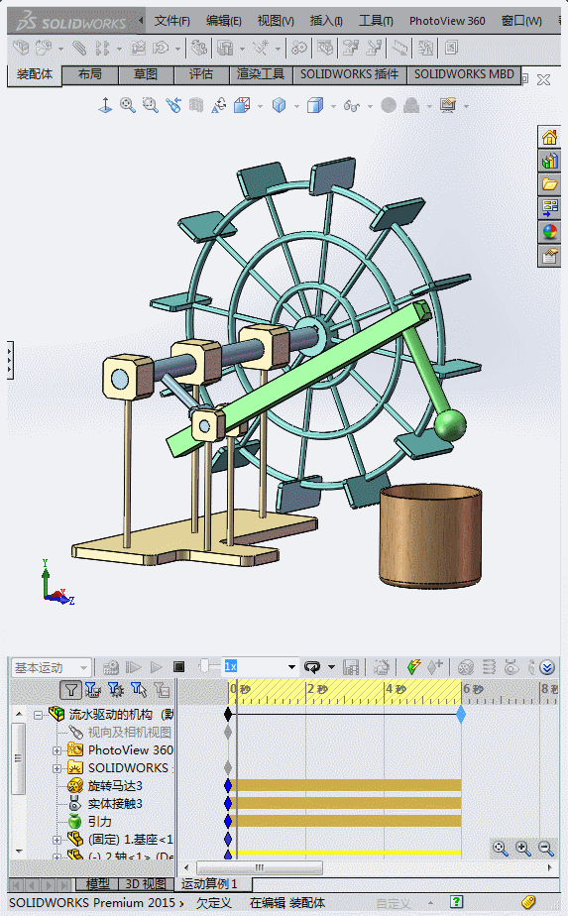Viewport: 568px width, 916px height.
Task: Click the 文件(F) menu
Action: [171, 21]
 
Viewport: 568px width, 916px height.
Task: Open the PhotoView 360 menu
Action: [447, 21]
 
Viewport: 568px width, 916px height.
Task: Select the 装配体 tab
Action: [35, 74]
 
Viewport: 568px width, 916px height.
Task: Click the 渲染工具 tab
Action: [261, 74]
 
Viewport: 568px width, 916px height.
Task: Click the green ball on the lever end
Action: [450, 425]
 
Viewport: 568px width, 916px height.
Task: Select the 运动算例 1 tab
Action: [209, 883]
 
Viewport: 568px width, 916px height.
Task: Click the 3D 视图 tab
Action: [145, 883]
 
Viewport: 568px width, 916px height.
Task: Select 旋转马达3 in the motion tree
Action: [114, 785]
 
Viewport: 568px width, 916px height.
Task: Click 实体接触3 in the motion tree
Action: [114, 804]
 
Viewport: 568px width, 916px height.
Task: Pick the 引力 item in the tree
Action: [100, 822]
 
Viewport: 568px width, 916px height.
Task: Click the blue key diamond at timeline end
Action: [461, 714]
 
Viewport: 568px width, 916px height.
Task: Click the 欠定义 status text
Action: [213, 903]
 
